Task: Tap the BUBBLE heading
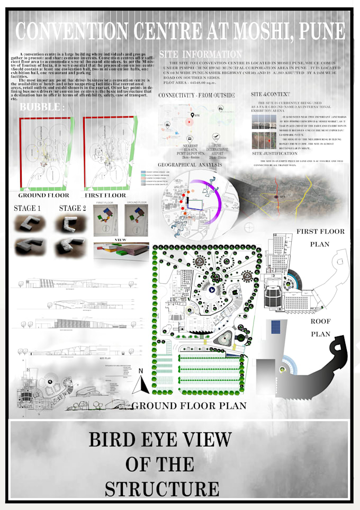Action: [x=42, y=108]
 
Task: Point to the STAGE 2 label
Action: [x=73, y=208]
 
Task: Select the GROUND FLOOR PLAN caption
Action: [x=190, y=406]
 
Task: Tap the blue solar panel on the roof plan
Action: [x=275, y=327]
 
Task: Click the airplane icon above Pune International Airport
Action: [x=215, y=137]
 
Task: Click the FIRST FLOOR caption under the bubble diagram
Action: [x=105, y=195]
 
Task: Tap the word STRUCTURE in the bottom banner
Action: [x=162, y=489]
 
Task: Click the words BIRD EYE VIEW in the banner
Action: [x=160, y=440]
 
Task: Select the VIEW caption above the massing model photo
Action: [x=120, y=239]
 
